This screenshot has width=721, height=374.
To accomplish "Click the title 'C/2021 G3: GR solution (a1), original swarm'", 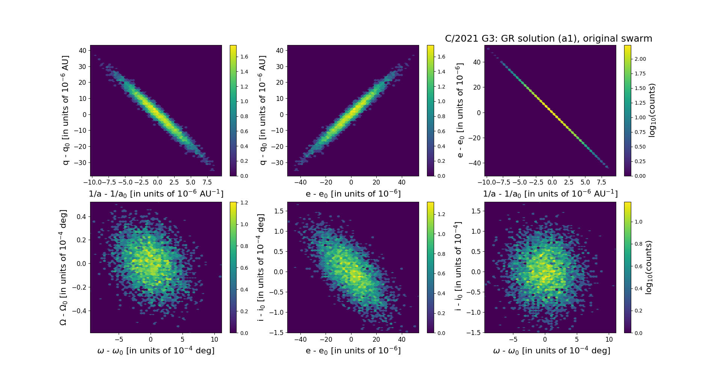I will pyautogui.click(x=548, y=39).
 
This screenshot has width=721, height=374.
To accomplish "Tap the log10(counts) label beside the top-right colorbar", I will pyautogui.click(x=652, y=110).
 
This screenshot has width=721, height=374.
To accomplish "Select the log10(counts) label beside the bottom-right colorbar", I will pyautogui.click(x=649, y=267).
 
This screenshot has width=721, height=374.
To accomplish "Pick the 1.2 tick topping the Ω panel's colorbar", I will pyautogui.click(x=244, y=203).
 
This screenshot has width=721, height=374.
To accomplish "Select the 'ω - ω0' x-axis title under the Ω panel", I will pyautogui.click(x=156, y=351).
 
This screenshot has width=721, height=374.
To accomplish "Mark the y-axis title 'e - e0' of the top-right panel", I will pyautogui.click(x=459, y=110).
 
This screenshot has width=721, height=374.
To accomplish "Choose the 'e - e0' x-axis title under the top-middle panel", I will pyautogui.click(x=353, y=194).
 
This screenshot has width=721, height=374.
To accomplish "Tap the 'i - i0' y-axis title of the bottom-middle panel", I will pyautogui.click(x=261, y=267).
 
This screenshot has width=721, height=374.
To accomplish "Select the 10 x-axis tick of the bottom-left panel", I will pyautogui.click(x=214, y=339).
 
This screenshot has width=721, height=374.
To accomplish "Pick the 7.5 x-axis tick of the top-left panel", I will pyautogui.click(x=207, y=182).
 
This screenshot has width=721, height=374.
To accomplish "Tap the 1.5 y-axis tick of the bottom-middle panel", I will pyautogui.click(x=279, y=211).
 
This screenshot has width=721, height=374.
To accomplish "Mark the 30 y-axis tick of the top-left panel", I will pyautogui.click(x=82, y=66).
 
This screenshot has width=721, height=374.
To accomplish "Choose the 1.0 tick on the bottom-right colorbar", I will pyautogui.click(x=638, y=222).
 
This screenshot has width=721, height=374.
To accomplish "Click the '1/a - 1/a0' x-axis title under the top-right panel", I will pyautogui.click(x=550, y=194).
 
